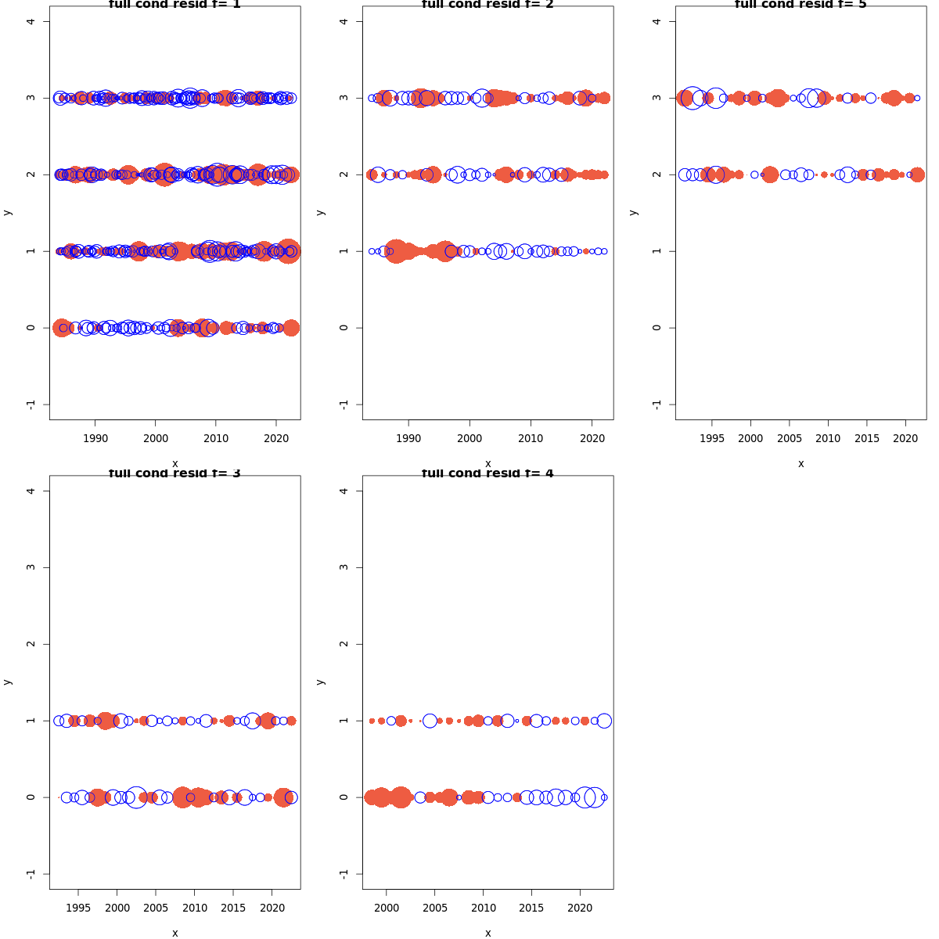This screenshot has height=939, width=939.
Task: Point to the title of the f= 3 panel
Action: pyautogui.click(x=174, y=473)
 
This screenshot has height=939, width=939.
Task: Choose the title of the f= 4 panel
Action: pyautogui.click(x=487, y=473)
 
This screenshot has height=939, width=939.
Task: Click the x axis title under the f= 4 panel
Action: pyautogui.click(x=487, y=933)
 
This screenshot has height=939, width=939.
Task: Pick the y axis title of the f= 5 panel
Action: pyautogui.click(x=633, y=212)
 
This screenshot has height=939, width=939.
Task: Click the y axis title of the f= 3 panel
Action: pyautogui.click(x=7, y=682)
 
